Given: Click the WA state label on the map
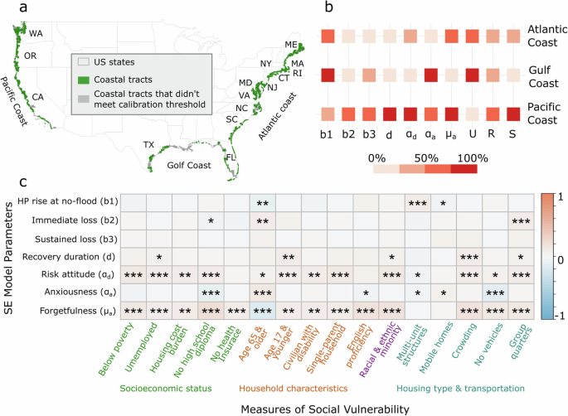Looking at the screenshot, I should (36, 34).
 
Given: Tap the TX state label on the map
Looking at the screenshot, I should (149, 144).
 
